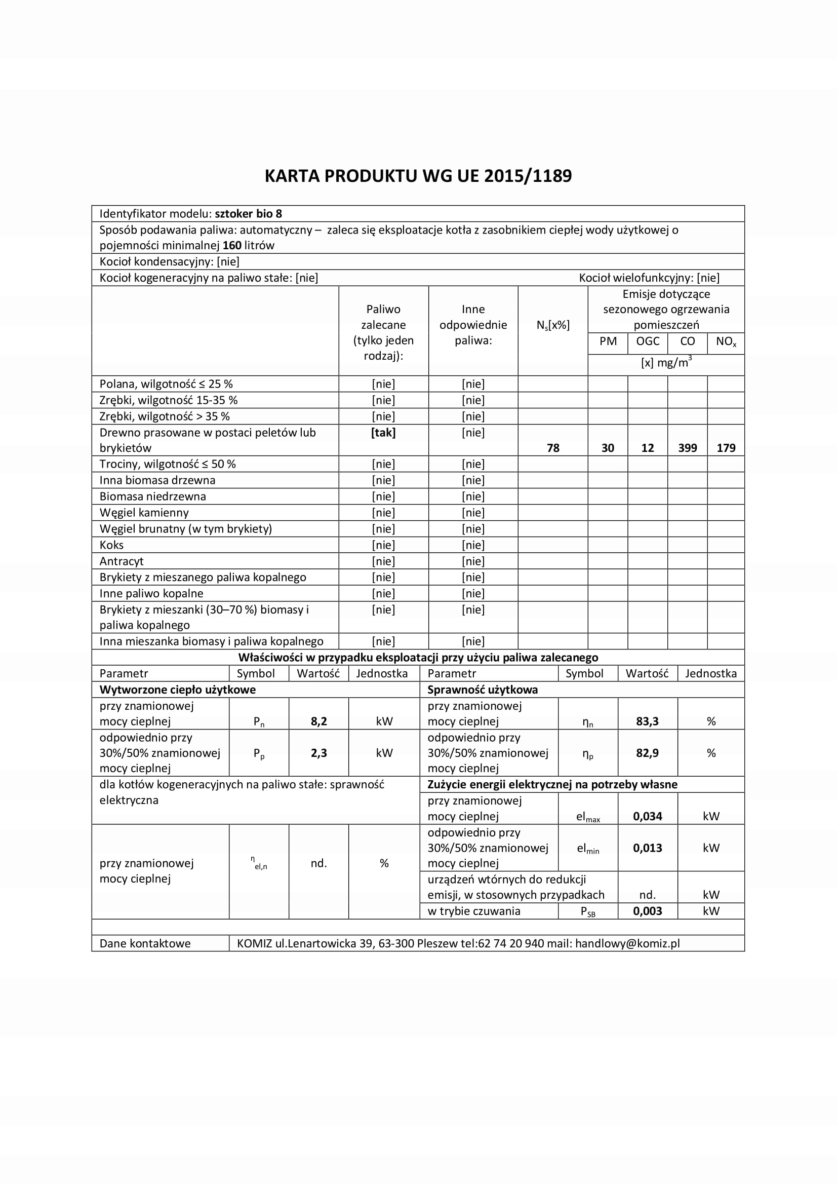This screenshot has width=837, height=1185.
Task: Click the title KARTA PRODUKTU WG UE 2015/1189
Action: tap(418, 176)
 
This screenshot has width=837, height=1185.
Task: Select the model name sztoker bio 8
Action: tap(249, 214)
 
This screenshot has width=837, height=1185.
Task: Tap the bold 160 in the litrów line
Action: tap(232, 246)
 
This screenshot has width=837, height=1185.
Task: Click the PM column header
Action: tap(608, 341)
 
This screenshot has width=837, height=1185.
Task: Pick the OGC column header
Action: tap(648, 341)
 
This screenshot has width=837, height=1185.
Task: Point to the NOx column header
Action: tap(726, 341)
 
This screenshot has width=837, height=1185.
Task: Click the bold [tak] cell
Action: tap(383, 433)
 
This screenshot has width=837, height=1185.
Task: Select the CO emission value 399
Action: tap(688, 448)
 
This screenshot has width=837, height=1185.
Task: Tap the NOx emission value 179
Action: tap(726, 448)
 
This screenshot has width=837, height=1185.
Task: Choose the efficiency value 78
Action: tap(553, 448)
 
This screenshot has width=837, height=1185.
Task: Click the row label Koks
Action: tap(111, 545)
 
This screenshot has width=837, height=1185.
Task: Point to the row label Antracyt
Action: tap(121, 561)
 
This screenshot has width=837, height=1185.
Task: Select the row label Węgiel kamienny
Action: tap(144, 513)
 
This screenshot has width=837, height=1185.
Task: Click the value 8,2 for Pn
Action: tap(318, 721)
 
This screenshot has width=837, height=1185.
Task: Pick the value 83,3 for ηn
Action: tap(647, 721)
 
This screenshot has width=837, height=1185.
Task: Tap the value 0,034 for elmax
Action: tap(647, 817)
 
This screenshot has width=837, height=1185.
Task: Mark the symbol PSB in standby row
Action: tap(588, 912)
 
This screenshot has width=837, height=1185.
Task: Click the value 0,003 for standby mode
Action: tap(647, 911)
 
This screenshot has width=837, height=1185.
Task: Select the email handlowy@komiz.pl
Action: tap(627, 943)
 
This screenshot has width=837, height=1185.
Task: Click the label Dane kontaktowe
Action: tap(145, 943)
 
